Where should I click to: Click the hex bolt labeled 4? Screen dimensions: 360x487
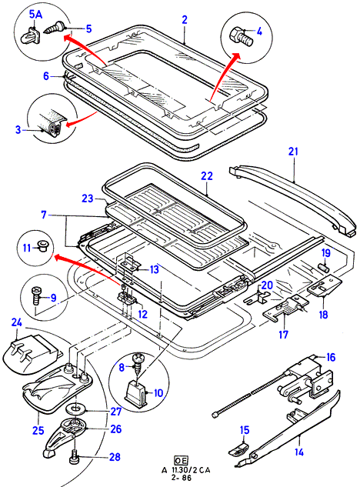pos(241,36)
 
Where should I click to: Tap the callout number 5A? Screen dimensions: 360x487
pos(35,15)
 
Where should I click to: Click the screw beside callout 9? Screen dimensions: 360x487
pos(35,296)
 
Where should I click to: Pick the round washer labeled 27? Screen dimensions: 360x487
pos(75,409)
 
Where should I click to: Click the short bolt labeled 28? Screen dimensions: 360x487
pos(75,457)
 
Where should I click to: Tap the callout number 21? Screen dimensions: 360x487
pos(293,152)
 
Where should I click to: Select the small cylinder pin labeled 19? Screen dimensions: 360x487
pos(325,267)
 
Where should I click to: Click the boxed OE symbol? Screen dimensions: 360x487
pos(181,460)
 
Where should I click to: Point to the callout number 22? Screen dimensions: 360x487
pos(207,176)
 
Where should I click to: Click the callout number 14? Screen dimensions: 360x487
pos(298,452)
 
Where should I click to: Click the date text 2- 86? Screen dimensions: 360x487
pos(182,477)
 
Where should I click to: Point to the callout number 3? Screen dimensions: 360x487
pos(18,129)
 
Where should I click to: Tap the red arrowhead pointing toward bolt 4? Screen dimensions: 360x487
pos(236,56)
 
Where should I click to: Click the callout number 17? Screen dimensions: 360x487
pos(283,335)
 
